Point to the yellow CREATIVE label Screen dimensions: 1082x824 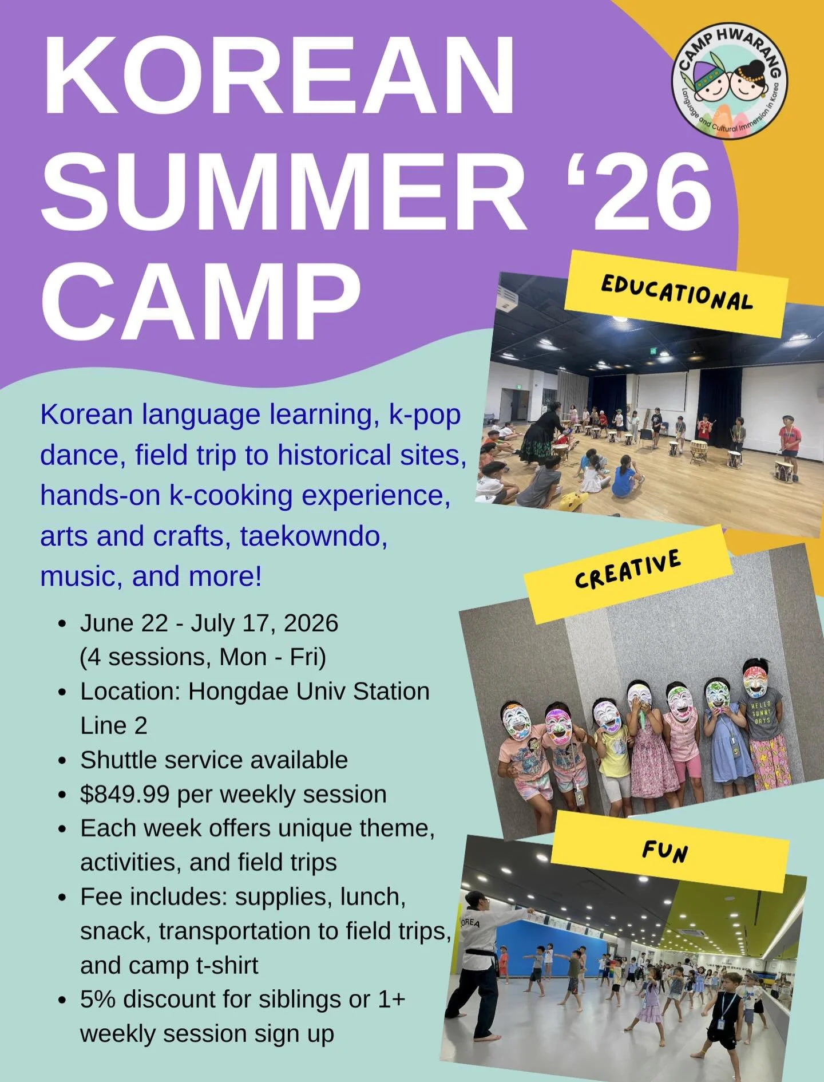click(628, 569)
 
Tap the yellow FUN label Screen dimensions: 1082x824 click(665, 851)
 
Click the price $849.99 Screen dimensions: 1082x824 click(125, 794)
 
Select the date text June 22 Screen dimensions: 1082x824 click(124, 623)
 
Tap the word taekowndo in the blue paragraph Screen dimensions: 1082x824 click(314, 536)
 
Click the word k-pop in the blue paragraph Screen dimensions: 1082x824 click(425, 414)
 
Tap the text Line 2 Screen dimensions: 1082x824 click(114, 726)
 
